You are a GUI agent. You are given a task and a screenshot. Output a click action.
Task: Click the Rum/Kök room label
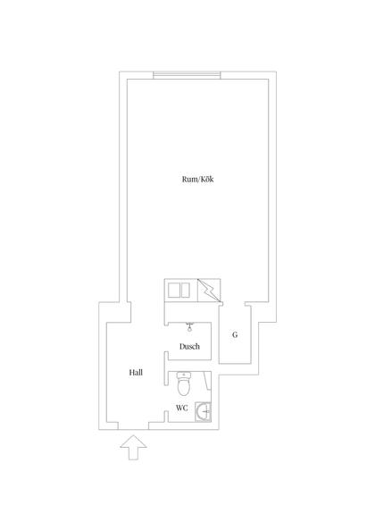coord(198,180)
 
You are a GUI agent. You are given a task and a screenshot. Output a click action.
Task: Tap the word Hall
coord(136,373)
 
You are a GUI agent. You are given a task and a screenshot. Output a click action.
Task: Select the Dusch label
coord(189,347)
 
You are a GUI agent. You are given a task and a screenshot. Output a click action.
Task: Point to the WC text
coord(182,408)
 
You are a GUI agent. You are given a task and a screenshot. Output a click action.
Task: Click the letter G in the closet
coord(235,335)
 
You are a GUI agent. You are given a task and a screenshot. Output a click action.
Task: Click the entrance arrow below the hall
coord(133,447)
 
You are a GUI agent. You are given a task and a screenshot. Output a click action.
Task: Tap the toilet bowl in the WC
coord(184,387)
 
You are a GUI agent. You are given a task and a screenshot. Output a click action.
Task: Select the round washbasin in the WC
coord(205,411)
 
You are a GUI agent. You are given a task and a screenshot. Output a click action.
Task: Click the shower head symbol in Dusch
coord(189,327)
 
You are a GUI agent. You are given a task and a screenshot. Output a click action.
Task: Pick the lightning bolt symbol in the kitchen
coord(209,290)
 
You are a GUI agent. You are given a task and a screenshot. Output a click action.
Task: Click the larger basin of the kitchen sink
coord(174,291)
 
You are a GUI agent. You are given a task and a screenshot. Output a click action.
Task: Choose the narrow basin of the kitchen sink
coord(186,291)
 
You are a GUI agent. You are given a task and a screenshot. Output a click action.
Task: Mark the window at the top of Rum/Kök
coord(187,75)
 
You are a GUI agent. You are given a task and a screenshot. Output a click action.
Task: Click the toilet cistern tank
coord(184,375)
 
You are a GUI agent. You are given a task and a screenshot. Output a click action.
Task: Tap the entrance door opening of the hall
coord(133,426)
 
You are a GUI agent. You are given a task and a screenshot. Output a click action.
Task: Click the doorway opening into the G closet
coord(234,304)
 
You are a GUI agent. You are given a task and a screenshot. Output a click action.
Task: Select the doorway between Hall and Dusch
coord(166,339)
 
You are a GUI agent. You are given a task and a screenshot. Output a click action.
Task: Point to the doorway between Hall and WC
coord(166,399)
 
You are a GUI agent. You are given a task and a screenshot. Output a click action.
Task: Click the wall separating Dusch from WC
coord(189,366)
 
